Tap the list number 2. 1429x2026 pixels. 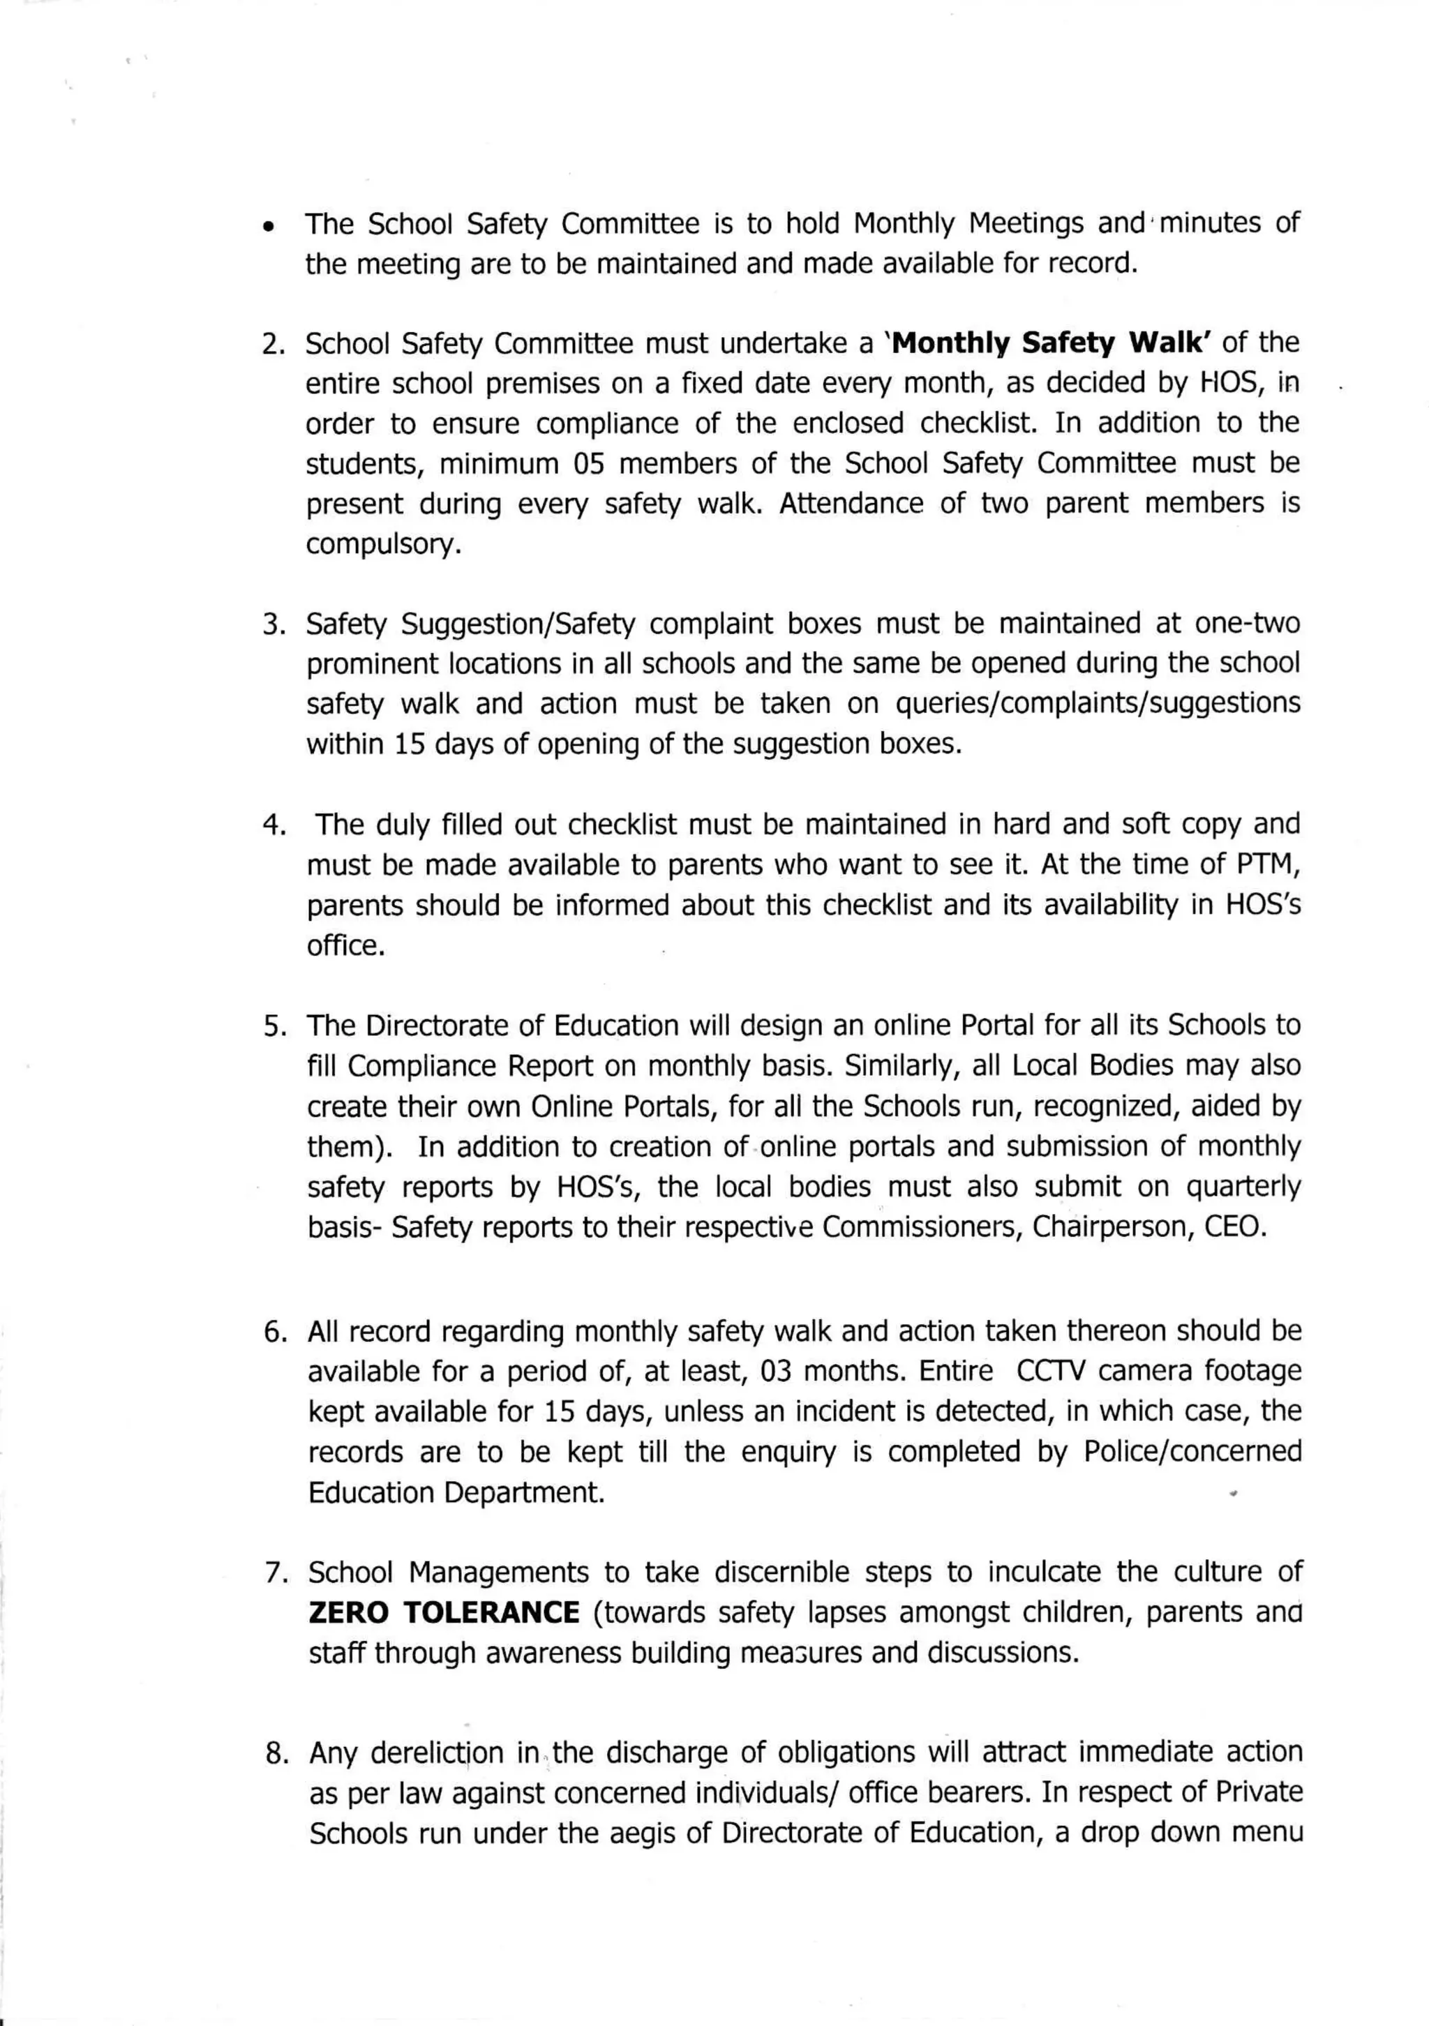273,344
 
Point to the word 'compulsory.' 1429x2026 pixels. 384,544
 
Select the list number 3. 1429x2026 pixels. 273,624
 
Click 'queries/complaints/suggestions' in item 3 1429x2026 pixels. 1097,703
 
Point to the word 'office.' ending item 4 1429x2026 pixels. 346,945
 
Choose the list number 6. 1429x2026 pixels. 274,1332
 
